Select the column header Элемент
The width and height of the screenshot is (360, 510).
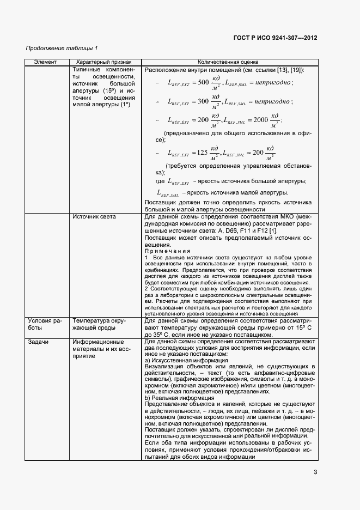pyautogui.click(x=45, y=63)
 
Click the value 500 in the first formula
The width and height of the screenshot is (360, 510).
pyautogui.click(x=202, y=83)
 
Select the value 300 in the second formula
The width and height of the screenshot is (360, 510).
pyautogui.click(x=202, y=101)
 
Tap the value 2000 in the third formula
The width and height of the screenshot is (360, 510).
pyautogui.click(x=261, y=120)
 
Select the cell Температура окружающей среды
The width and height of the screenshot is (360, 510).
pyautogui.click(x=99, y=325)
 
